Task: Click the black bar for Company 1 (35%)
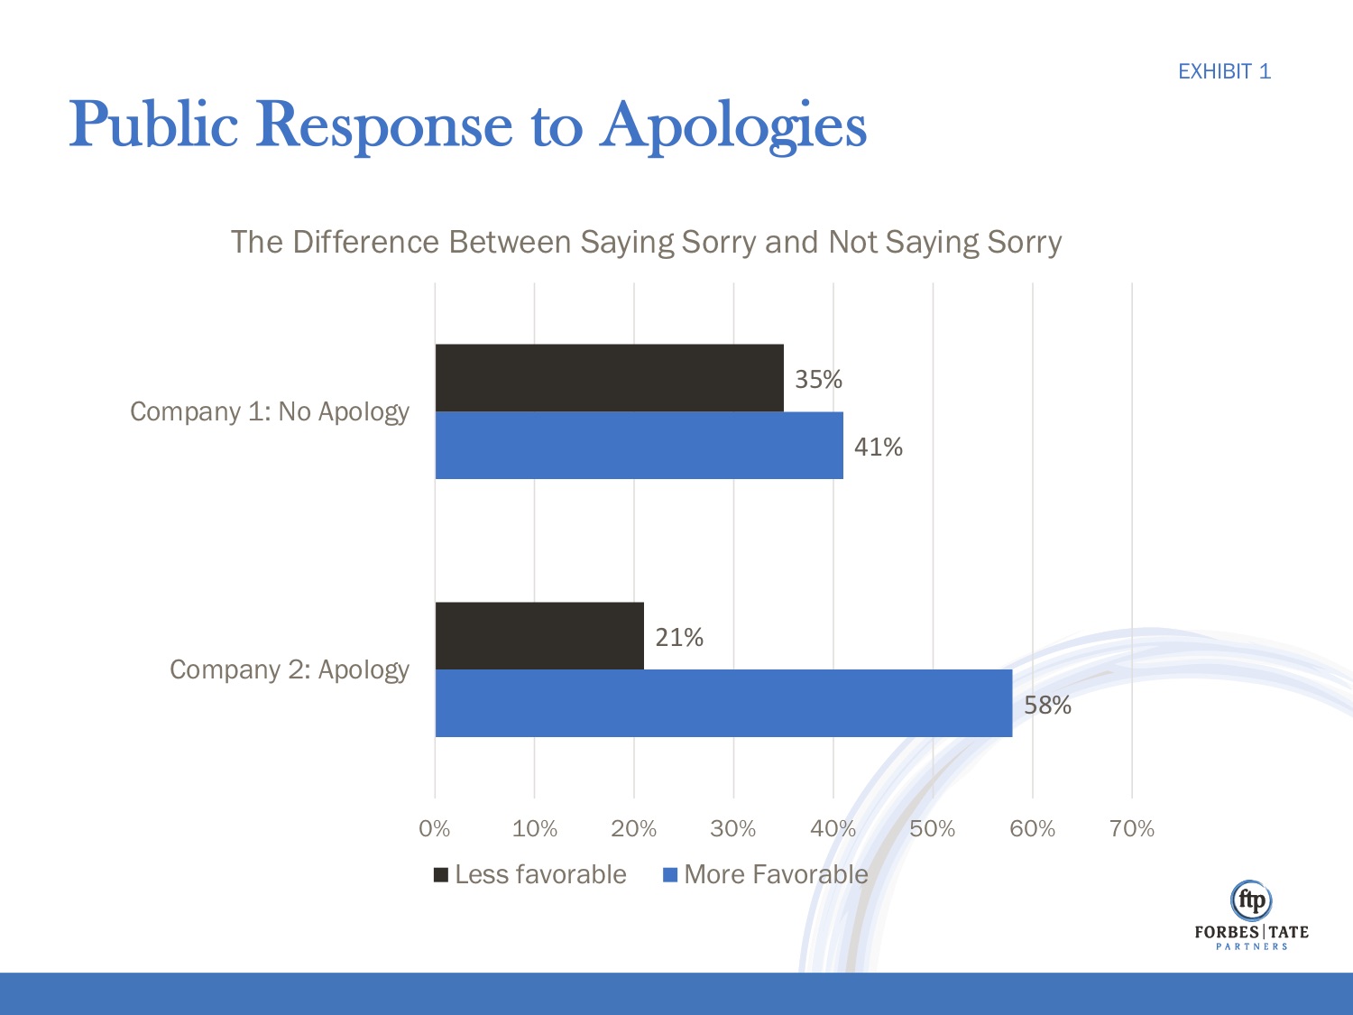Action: (x=609, y=377)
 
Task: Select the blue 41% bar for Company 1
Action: (x=639, y=446)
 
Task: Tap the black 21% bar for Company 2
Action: (x=539, y=635)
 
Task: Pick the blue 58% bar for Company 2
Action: (x=723, y=703)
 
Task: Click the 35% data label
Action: (x=818, y=379)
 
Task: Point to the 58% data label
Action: (x=1047, y=705)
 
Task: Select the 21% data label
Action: (x=679, y=637)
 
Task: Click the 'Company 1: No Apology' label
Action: (x=270, y=411)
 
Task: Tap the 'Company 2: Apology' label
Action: (x=290, y=669)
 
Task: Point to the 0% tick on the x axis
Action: (x=435, y=828)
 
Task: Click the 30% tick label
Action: (x=733, y=828)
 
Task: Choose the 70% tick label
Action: (x=1132, y=828)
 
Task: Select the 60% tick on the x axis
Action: (x=1032, y=828)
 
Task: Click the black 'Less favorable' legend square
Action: (x=441, y=874)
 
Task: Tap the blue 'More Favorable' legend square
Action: (x=670, y=874)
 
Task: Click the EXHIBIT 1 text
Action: (x=1224, y=71)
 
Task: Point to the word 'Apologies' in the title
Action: (x=733, y=125)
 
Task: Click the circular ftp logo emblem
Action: (x=1251, y=900)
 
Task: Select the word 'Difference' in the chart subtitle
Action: (x=371, y=242)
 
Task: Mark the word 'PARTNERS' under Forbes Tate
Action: (x=1252, y=946)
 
